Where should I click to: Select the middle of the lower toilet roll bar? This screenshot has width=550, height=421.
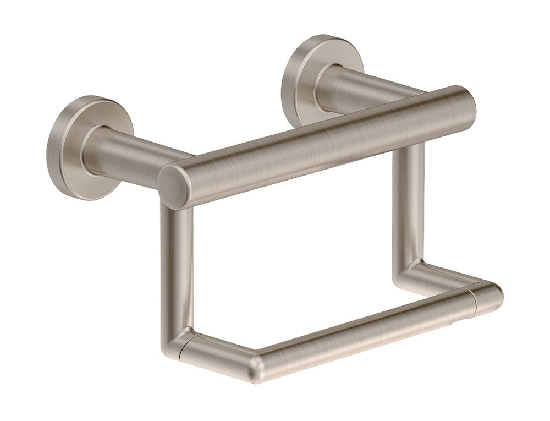click(363, 330)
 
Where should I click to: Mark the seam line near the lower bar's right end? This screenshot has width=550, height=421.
click(474, 303)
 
